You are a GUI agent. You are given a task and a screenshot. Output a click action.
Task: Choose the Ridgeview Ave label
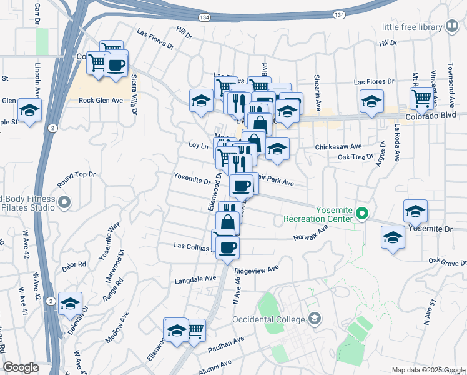click(256, 270)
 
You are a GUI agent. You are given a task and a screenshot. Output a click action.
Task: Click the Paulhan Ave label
click(230, 342)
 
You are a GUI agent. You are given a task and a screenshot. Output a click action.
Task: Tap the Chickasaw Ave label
click(338, 146)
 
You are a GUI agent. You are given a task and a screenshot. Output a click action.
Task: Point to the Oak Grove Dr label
click(447, 261)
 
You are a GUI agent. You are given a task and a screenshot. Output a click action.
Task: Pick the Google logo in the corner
click(21, 367)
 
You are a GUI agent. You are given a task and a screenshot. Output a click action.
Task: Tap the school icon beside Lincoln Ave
click(29, 110)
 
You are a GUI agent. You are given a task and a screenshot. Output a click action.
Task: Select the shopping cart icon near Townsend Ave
click(422, 97)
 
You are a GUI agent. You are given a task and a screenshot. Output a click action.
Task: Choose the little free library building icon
click(451, 27)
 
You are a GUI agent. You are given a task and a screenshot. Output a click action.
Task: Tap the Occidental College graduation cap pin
click(315, 319)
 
